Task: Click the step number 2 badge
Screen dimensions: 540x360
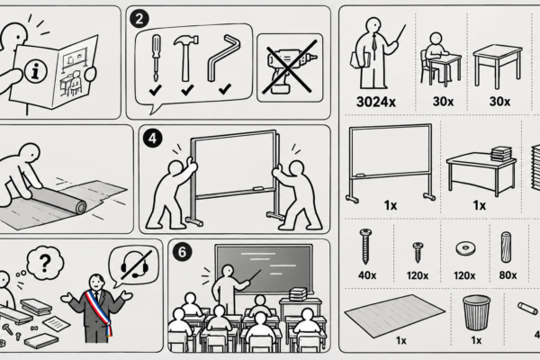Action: click(139, 19)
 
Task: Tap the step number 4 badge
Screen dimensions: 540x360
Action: click(152, 138)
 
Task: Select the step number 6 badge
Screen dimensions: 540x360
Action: click(182, 252)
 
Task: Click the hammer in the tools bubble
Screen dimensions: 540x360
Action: click(186, 57)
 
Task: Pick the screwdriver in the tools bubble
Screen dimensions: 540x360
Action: click(156, 58)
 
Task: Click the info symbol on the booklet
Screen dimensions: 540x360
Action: click(35, 71)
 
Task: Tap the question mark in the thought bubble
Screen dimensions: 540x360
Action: click(45, 264)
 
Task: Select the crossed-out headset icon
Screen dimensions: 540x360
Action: click(135, 265)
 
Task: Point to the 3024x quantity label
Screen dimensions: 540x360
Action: click(375, 102)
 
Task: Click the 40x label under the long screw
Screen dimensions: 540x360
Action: click(367, 275)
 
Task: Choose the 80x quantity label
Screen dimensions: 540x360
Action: click(508, 275)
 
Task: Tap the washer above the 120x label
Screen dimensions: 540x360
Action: click(465, 248)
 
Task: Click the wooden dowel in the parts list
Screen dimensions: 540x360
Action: click(506, 247)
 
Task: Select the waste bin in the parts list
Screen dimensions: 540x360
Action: click(477, 312)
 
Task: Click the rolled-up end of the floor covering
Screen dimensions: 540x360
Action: click(81, 207)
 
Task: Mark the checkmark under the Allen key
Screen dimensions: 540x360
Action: click(225, 90)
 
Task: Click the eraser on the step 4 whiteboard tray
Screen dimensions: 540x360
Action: click(258, 188)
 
